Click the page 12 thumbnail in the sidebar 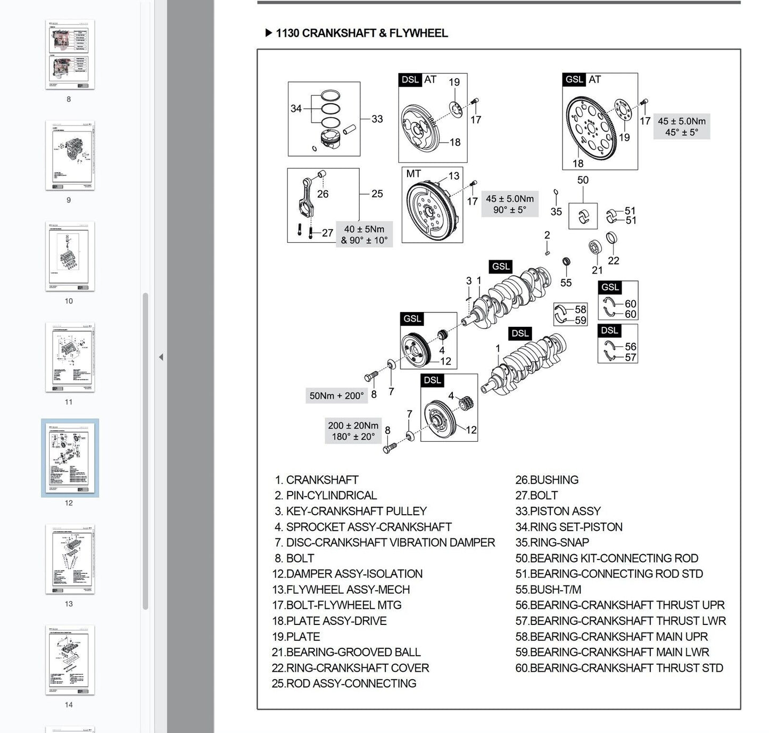pos(70,458)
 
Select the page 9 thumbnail pos(70,155)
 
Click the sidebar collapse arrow pos(161,357)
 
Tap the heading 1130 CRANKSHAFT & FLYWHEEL pos(361,33)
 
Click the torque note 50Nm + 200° pos(336,396)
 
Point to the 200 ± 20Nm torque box pos(353,431)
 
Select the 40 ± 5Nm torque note pos(364,235)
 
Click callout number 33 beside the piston pos(377,119)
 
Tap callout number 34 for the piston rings pos(296,109)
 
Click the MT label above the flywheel pos(414,174)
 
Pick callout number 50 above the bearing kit pos(583,180)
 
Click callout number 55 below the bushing pos(566,283)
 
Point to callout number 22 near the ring pos(613,260)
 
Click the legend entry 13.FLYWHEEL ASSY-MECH pos(341,590)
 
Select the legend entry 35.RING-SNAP pos(552,542)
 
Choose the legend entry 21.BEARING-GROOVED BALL pos(346,652)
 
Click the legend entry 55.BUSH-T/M pos(548,590)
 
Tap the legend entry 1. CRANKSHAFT pos(317,480)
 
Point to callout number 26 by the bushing pos(323,194)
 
